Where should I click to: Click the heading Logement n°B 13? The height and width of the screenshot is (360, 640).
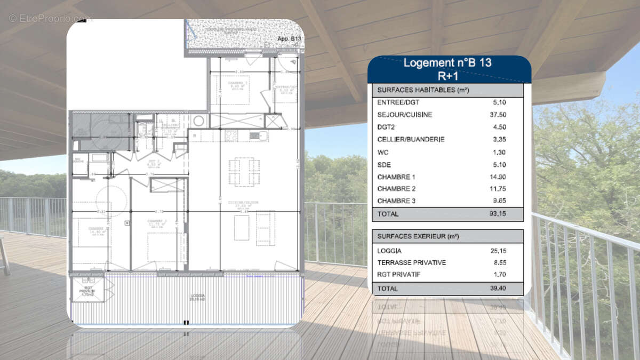click(447, 62)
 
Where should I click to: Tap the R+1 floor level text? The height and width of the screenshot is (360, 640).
click(448, 75)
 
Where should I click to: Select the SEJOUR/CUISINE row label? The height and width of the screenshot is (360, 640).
click(404, 115)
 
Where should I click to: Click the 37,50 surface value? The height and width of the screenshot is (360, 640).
click(500, 115)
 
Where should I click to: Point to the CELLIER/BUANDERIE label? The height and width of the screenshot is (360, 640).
click(411, 139)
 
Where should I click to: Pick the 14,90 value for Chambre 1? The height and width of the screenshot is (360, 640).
click(500, 177)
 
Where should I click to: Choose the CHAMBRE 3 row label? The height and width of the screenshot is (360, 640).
click(396, 201)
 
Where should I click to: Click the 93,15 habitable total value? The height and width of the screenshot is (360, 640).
click(500, 214)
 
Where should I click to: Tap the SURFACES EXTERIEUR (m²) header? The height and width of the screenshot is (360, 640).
click(418, 236)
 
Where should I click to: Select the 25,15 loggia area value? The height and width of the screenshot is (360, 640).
click(500, 251)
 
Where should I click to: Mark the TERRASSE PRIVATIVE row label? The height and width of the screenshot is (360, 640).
click(411, 263)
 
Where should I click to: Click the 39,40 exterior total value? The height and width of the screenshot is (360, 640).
click(500, 289)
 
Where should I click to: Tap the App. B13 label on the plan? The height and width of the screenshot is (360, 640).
click(290, 39)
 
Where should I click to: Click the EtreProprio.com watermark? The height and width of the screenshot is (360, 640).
click(50, 18)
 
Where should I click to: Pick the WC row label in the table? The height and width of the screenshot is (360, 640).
click(382, 152)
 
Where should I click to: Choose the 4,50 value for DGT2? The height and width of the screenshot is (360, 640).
click(500, 127)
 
